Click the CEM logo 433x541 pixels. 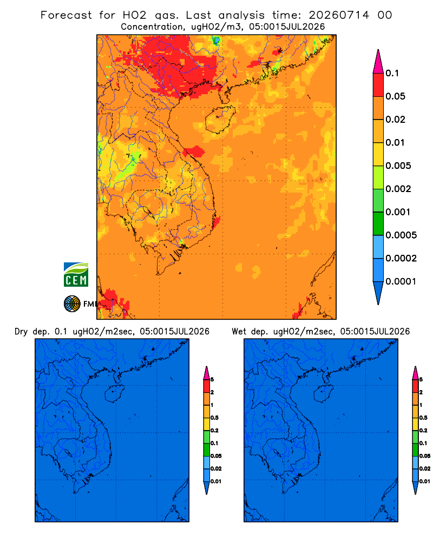(x=76, y=275)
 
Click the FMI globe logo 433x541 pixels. (x=72, y=304)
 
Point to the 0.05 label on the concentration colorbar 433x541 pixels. (x=395, y=96)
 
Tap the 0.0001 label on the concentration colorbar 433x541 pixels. (x=401, y=281)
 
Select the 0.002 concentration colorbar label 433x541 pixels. (x=398, y=189)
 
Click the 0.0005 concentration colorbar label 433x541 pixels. (x=401, y=235)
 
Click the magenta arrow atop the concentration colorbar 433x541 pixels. (x=378, y=61)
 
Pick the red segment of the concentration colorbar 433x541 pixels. (x=378, y=85)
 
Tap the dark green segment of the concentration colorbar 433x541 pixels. (x=378, y=223)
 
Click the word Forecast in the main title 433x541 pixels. (x=66, y=15)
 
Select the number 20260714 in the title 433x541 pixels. (x=339, y=15)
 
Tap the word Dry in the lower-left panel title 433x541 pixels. (x=21, y=332)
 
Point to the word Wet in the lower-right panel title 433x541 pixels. (x=239, y=332)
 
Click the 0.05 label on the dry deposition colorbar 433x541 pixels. (x=216, y=456)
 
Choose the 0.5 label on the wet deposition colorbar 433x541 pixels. (x=423, y=418)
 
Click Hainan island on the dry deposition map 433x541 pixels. (x=114, y=393)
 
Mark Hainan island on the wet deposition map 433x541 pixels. (x=323, y=393)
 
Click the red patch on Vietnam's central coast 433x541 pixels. (x=194, y=151)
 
